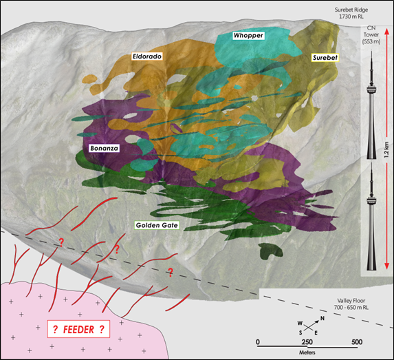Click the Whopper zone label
(x=249, y=34)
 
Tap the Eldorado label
(x=146, y=56)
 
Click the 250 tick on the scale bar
(x=307, y=342)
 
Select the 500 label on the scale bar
(x=357, y=342)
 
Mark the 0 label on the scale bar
(x=257, y=342)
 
